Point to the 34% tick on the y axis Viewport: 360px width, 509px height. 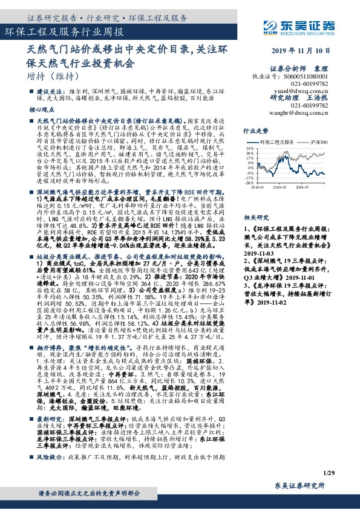249,148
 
